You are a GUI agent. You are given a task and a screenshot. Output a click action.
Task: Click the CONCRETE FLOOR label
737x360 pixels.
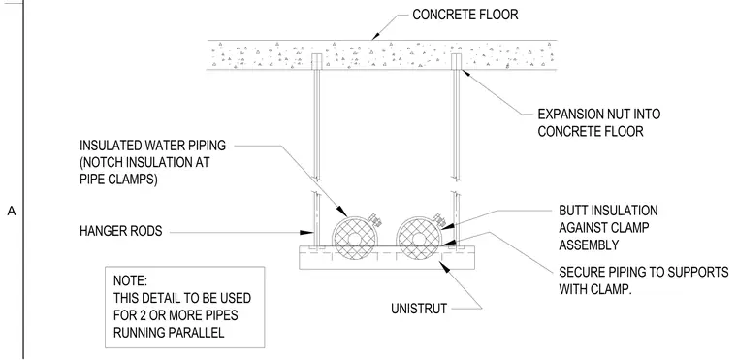pyautogui.click(x=465, y=15)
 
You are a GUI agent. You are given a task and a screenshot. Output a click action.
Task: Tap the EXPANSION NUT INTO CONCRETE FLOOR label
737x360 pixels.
pyautogui.click(x=599, y=122)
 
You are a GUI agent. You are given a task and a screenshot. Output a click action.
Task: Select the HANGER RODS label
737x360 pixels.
pyautogui.click(x=121, y=231)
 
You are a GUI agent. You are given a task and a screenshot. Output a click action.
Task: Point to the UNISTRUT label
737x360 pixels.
pyautogui.click(x=419, y=309)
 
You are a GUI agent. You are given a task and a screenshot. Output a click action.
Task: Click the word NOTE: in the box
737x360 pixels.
pyautogui.click(x=130, y=281)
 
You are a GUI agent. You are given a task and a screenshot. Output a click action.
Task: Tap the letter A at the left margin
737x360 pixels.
pyautogui.click(x=12, y=212)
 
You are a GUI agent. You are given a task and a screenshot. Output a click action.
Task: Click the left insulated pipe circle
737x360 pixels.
pyautogui.click(x=354, y=238)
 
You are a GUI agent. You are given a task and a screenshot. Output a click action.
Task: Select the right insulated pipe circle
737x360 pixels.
pyautogui.click(x=418, y=238)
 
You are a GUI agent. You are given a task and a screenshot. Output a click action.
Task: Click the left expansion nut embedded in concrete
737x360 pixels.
pyautogui.click(x=317, y=61)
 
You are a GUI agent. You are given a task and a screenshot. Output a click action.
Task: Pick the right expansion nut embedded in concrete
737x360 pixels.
pyautogui.click(x=456, y=61)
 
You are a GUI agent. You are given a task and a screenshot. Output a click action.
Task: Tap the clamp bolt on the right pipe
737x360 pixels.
pyautogui.click(x=438, y=219)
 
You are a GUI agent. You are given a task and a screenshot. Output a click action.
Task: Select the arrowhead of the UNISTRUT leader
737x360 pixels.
pyautogui.click(x=444, y=266)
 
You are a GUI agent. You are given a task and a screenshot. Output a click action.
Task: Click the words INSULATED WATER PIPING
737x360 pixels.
pyautogui.click(x=153, y=146)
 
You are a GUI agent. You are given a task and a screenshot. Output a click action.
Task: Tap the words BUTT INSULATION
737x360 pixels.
pyautogui.click(x=608, y=211)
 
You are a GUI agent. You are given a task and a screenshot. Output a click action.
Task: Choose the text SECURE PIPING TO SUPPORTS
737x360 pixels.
pyautogui.click(x=644, y=272)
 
